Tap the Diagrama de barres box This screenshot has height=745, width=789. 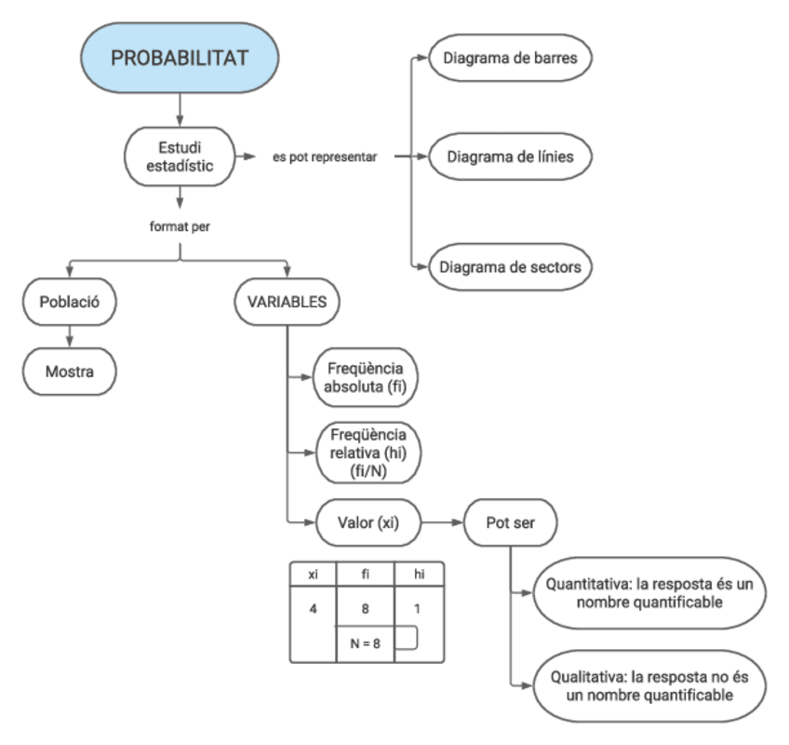point(511,58)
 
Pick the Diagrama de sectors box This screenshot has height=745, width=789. point(511,266)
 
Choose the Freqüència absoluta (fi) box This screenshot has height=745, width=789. point(364,378)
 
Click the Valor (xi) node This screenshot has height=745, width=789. point(368,524)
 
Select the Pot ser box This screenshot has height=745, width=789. point(509,524)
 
